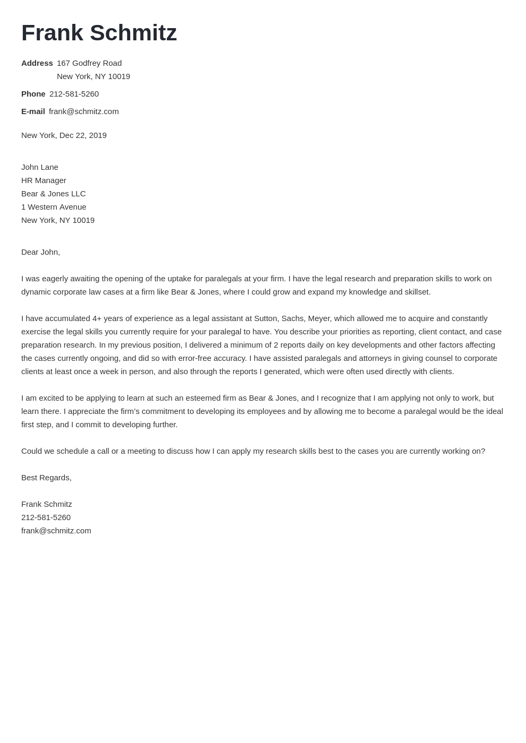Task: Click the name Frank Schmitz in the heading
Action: pos(99,33)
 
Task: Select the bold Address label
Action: pos(37,63)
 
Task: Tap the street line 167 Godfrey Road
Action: pos(89,63)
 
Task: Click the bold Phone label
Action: pos(33,94)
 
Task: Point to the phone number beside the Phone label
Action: pos(74,94)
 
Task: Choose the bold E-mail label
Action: pos(33,111)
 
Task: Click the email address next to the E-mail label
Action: pos(83,111)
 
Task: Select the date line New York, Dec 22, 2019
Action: pos(64,135)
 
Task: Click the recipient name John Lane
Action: pos(40,167)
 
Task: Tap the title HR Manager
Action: pos(44,180)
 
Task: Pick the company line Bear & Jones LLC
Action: pos(53,194)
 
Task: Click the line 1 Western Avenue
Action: pos(54,207)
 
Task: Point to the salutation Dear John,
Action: pos(40,252)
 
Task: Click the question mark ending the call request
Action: pos(482,451)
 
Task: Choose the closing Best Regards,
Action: pos(46,478)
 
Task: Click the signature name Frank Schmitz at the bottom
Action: pos(46,504)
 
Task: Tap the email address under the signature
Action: pos(56,531)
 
